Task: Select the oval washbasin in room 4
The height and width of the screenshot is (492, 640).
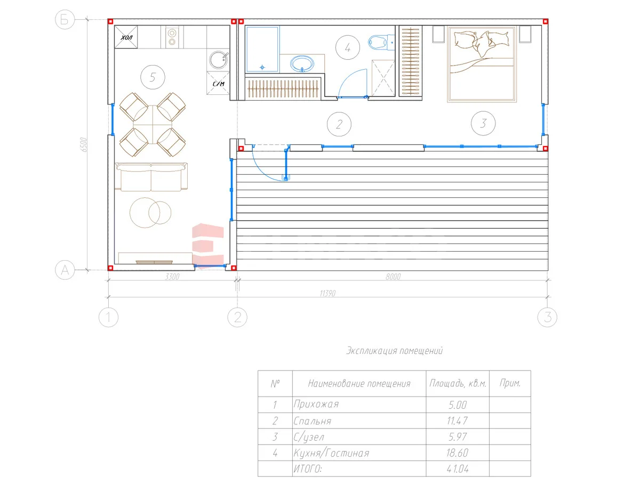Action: [302, 63]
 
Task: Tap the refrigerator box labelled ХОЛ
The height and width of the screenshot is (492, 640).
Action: [126, 37]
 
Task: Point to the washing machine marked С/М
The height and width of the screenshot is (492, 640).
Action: [218, 83]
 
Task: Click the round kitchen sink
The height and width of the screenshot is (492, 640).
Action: [219, 60]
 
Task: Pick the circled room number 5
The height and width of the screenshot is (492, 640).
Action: [153, 77]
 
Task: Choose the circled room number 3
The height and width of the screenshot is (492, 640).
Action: [483, 123]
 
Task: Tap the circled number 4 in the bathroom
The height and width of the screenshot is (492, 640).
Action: [348, 47]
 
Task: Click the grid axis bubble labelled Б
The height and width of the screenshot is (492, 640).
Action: [65, 20]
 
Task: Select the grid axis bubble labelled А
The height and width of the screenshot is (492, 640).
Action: [65, 270]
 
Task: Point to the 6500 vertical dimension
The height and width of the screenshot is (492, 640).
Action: [84, 144]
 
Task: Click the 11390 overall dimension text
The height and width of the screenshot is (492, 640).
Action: [327, 293]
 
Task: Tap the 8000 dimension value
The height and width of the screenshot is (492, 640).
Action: [393, 277]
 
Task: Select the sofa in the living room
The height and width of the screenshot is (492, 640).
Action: [151, 176]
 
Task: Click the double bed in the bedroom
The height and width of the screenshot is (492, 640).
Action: [482, 64]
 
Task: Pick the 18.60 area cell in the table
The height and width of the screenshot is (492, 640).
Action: [457, 453]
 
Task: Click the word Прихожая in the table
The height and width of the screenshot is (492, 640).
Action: [316, 404]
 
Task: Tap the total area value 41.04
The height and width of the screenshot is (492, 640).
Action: [458, 469]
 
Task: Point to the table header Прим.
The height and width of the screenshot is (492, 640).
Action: [510, 383]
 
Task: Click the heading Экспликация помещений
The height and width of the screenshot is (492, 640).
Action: [394, 351]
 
